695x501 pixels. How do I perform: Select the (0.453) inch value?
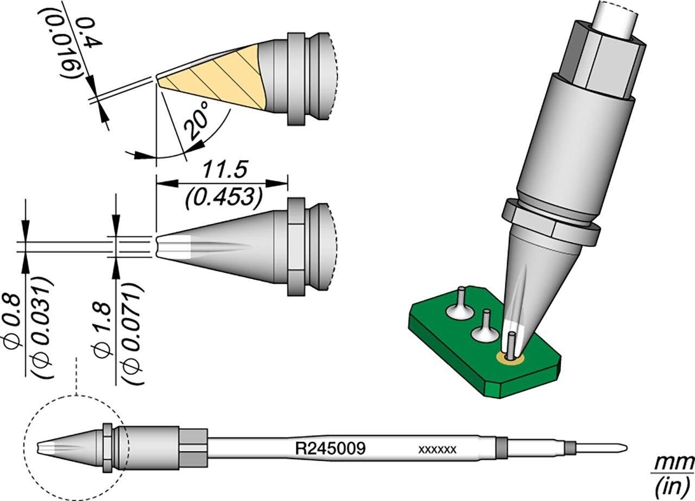click(221, 196)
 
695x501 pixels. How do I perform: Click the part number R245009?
click(329, 449)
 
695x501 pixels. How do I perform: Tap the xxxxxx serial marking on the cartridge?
click(437, 449)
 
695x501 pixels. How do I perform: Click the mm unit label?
click(676, 464)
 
